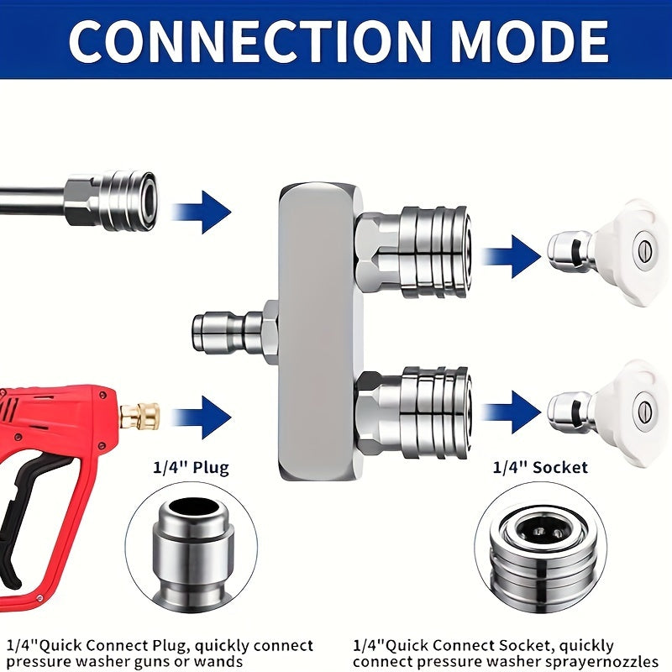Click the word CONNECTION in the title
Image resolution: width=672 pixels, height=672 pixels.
(x=249, y=41)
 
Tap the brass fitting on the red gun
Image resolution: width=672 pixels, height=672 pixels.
(x=139, y=416)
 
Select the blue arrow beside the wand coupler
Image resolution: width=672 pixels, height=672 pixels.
(x=202, y=213)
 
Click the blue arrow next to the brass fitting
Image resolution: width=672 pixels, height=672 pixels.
(x=202, y=417)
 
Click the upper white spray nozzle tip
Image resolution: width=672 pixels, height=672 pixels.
(x=608, y=253)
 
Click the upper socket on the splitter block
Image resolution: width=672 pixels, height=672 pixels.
(x=414, y=252)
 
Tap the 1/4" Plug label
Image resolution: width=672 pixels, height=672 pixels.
(x=192, y=467)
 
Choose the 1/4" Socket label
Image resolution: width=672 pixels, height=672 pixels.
(x=540, y=467)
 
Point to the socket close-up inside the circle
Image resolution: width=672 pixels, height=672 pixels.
(x=540, y=553)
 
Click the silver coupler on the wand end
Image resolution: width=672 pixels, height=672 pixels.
(x=112, y=201)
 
